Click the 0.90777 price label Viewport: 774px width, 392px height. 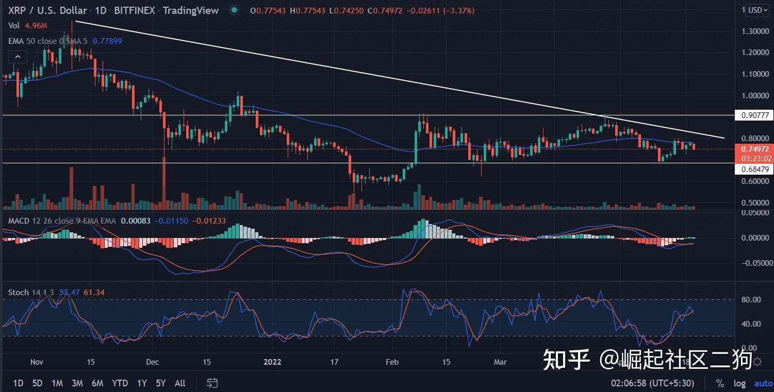[754, 115]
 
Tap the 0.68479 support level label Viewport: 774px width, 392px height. [754, 169]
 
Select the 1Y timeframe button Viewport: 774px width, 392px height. [142, 383]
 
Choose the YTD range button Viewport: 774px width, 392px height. [120, 383]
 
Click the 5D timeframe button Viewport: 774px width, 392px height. [37, 383]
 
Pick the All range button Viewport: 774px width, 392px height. [180, 383]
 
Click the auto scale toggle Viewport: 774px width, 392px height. [763, 383]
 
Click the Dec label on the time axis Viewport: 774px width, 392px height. [152, 362]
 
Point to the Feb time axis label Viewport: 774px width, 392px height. [392, 362]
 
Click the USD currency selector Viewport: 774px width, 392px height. [759, 10]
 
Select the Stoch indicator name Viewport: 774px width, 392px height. [18, 292]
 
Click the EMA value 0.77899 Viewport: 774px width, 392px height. [107, 41]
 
